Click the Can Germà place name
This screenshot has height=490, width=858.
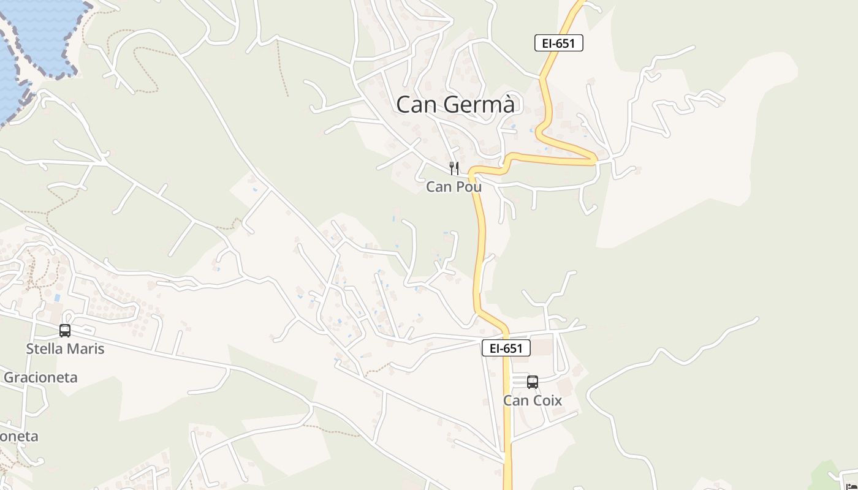(455, 105)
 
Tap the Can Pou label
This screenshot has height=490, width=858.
(454, 187)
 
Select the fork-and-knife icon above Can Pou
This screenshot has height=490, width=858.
(454, 168)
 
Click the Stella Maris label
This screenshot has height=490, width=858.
(65, 349)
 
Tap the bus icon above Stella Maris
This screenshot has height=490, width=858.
(65, 331)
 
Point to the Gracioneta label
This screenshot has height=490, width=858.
(40, 377)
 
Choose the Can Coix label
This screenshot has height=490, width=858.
(533, 401)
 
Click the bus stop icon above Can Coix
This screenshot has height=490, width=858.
(533, 382)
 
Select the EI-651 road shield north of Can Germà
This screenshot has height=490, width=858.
(558, 43)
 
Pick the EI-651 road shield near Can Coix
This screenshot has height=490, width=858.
(506, 348)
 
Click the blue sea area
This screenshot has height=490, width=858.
(37, 31)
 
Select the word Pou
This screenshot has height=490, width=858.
(469, 187)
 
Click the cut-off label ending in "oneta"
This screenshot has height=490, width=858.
(18, 436)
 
